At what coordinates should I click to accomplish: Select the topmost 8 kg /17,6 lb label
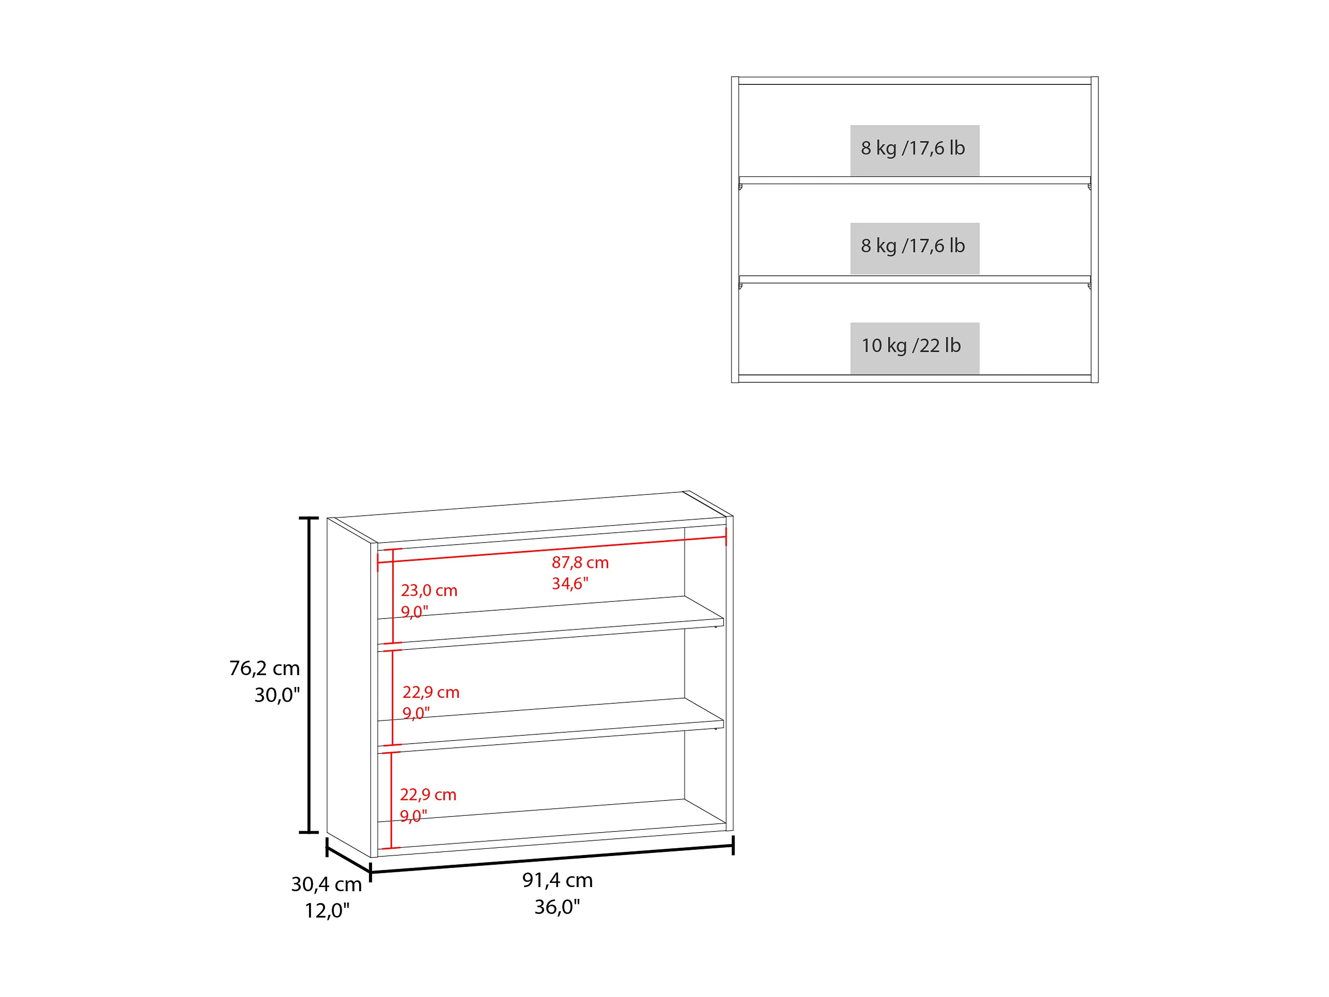tap(913, 148)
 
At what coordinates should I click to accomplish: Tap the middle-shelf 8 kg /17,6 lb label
tap(913, 246)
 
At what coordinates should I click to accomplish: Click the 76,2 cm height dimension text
tap(264, 668)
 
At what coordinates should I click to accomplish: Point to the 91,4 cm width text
tap(558, 880)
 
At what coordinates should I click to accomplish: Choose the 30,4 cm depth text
tap(326, 884)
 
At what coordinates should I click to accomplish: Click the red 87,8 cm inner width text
tap(580, 563)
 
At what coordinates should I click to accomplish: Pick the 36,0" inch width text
tap(558, 907)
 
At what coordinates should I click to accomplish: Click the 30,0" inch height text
tap(277, 695)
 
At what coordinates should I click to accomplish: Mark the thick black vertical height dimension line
tap(309, 675)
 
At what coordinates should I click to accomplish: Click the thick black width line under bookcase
tap(552, 859)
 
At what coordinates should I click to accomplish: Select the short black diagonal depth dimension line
tap(348, 860)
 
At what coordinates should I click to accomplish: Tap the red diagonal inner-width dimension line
tap(552, 549)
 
